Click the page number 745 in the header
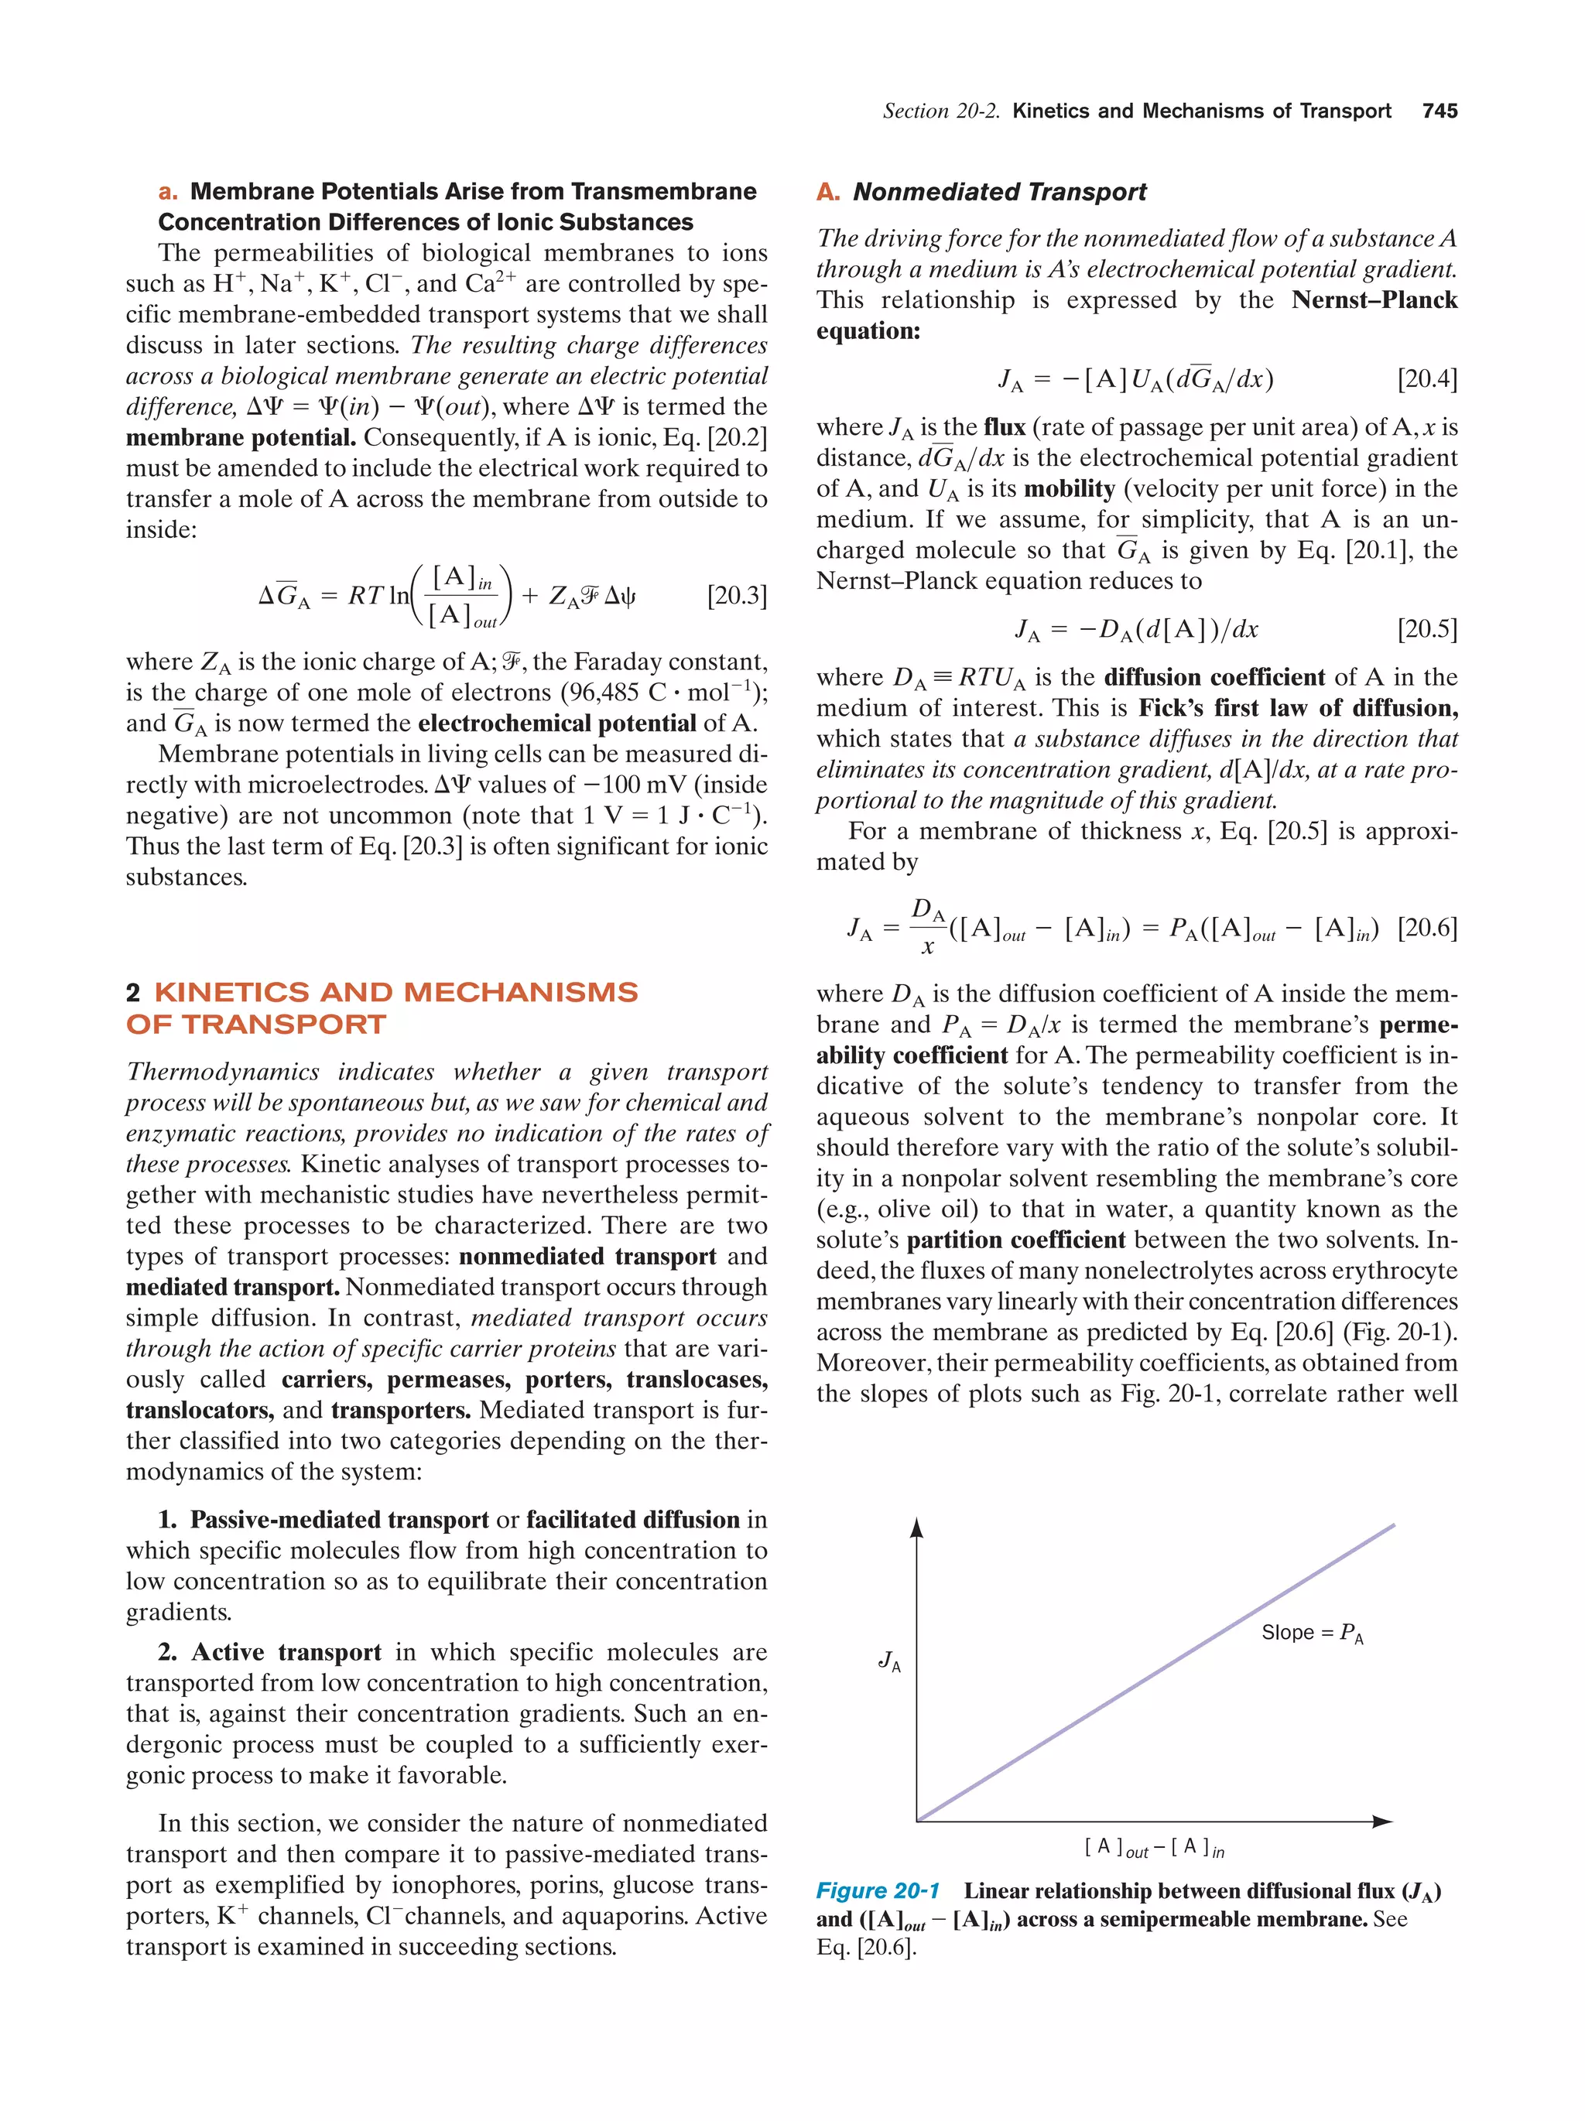pyautogui.click(x=1438, y=111)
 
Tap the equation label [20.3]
pyautogui.click(x=737, y=596)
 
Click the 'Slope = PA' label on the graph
pyautogui.click(x=1311, y=1633)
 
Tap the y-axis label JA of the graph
pyautogui.click(x=889, y=1661)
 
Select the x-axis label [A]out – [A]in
pyautogui.click(x=1153, y=1847)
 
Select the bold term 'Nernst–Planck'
pyautogui.click(x=1373, y=300)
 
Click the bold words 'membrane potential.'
pyautogui.click(x=241, y=438)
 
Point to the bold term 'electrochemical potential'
pyautogui.click(x=556, y=723)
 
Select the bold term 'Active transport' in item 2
pyautogui.click(x=285, y=1652)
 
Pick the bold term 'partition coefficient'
pyautogui.click(x=1015, y=1240)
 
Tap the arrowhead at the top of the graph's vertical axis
pyautogui.click(x=916, y=1527)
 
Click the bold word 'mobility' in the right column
pyautogui.click(x=1068, y=489)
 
